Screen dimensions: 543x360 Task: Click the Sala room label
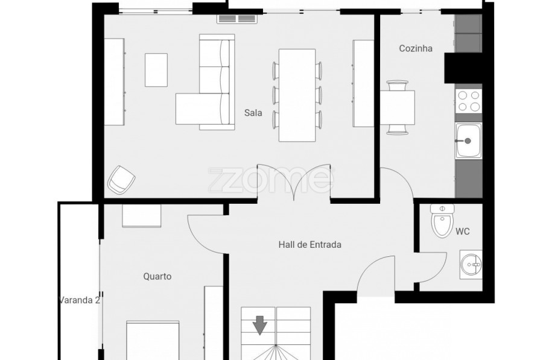253,113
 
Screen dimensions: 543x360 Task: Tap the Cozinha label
416,48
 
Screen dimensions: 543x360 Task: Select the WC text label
463,232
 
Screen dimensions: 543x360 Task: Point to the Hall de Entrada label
310,245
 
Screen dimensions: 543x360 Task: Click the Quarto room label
157,277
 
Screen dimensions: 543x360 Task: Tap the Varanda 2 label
80,300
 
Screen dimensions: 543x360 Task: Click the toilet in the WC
442,221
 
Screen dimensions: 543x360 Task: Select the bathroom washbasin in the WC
471,265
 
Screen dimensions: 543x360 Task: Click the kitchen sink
469,141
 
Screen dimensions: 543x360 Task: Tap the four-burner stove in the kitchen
469,101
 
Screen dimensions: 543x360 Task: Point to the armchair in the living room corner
121,180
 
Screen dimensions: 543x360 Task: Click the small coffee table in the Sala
156,70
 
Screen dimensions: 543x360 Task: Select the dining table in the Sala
297,95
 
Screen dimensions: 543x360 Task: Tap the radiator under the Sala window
238,19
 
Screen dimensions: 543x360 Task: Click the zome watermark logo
271,180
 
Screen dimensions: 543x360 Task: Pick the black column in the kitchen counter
463,68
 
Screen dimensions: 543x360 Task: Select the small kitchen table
398,107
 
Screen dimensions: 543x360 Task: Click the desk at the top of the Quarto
142,216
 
